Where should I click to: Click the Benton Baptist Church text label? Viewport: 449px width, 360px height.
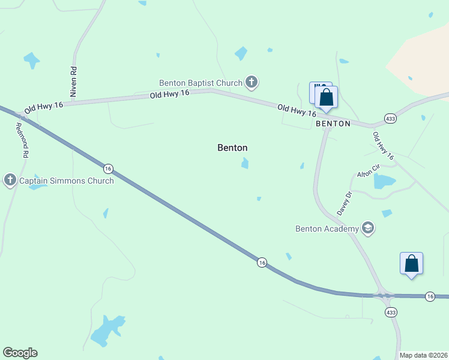click(200, 83)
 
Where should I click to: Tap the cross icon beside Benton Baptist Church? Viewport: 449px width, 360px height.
click(251, 82)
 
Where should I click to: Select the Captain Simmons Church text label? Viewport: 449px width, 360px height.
click(66, 181)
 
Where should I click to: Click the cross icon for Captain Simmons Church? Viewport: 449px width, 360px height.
click(10, 180)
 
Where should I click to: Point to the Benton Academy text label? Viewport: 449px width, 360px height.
click(327, 228)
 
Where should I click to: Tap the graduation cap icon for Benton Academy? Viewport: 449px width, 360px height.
click(367, 228)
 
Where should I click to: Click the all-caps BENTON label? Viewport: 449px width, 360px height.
click(333, 124)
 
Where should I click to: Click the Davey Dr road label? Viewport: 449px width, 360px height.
click(343, 203)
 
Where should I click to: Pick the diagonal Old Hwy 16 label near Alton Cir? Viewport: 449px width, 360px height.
click(383, 146)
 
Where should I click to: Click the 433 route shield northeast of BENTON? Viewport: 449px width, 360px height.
click(390, 119)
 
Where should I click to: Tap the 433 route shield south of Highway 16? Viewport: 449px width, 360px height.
click(391, 312)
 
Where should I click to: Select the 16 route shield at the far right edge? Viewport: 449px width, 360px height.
click(430, 296)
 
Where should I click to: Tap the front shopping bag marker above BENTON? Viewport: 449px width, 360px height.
click(326, 97)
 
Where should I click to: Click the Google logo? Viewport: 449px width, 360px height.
click(20, 353)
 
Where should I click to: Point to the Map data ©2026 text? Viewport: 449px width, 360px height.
click(423, 355)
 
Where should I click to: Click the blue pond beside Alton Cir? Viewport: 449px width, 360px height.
click(384, 181)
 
